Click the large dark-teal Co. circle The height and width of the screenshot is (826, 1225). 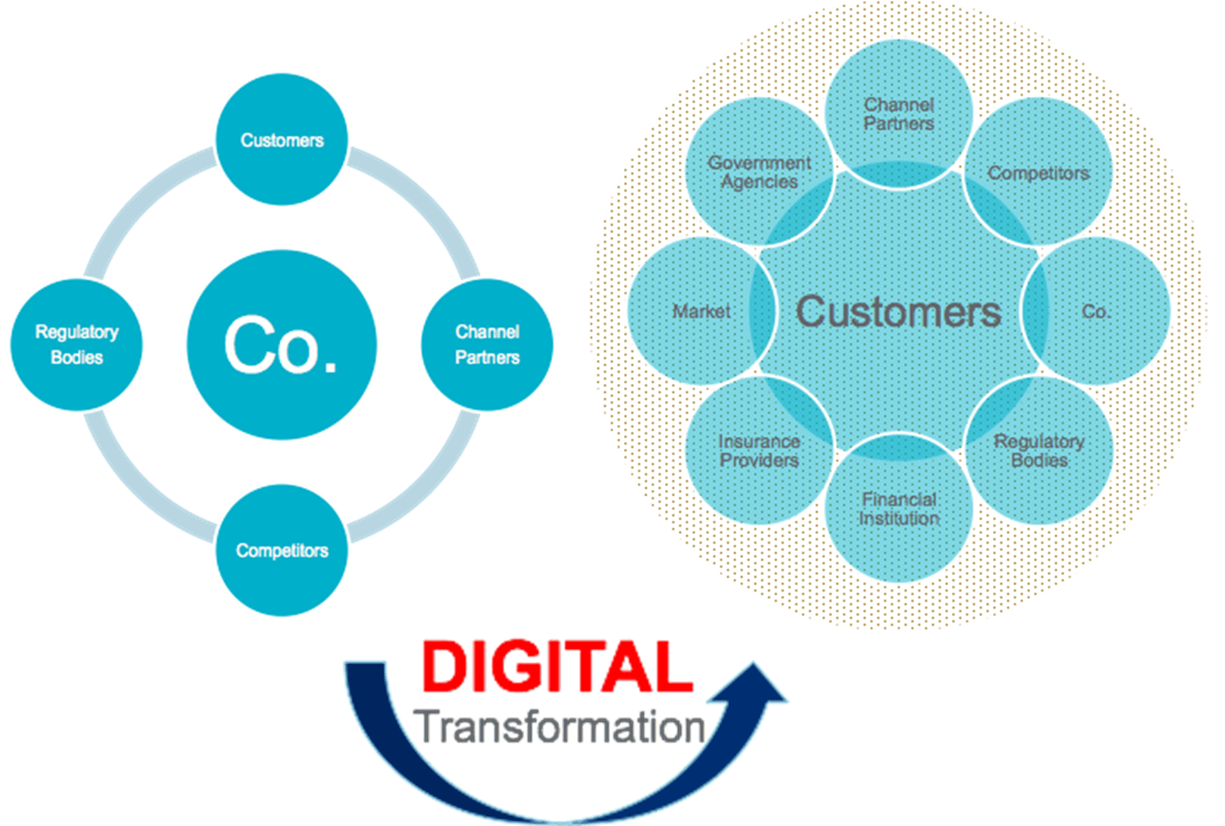click(281, 345)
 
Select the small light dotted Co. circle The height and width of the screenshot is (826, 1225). click(1096, 312)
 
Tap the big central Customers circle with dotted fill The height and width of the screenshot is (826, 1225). click(899, 312)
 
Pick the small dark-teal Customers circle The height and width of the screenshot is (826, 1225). click(281, 140)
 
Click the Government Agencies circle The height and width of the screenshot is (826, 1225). click(759, 172)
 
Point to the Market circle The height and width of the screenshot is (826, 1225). click(701, 312)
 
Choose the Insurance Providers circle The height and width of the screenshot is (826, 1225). click(759, 451)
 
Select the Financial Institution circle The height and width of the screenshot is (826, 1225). click(899, 509)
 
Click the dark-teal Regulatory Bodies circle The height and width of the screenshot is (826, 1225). click(76, 345)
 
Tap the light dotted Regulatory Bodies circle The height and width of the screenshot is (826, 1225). click(1039, 451)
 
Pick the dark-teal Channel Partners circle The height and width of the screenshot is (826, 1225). click(487, 345)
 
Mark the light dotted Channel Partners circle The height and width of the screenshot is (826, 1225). click(899, 114)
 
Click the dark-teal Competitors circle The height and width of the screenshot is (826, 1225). click(281, 550)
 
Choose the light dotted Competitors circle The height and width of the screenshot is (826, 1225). click(1039, 173)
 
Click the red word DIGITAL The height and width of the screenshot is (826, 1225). click(558, 666)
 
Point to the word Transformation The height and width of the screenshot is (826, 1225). click(561, 727)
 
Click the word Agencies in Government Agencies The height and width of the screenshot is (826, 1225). click(759, 182)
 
